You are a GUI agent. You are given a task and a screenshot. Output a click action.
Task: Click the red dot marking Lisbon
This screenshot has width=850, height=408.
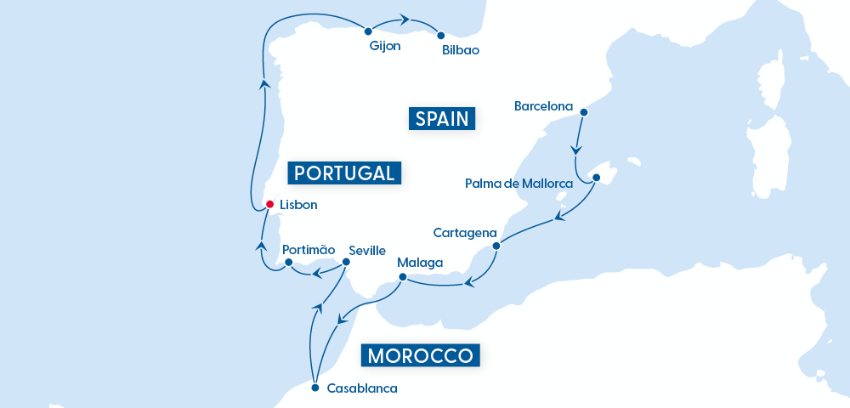pyautogui.click(x=269, y=204)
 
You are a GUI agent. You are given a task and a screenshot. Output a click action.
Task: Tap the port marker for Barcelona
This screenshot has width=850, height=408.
pyautogui.click(x=583, y=111)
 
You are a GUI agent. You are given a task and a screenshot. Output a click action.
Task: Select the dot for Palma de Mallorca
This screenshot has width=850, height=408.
pyautogui.click(x=596, y=178)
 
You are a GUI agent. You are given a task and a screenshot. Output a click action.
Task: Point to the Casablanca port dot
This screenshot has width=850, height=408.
pyautogui.click(x=315, y=388)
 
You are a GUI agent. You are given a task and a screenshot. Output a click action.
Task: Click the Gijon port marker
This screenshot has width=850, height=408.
pyautogui.click(x=368, y=31)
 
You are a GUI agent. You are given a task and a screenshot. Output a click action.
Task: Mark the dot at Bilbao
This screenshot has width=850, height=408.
pyautogui.click(x=440, y=36)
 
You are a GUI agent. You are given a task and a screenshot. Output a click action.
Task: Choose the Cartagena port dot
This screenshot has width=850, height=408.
pyautogui.click(x=496, y=246)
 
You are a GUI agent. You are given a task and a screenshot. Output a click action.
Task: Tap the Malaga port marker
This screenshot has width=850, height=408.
pyautogui.click(x=402, y=276)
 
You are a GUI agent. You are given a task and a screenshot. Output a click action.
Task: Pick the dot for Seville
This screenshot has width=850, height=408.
pyautogui.click(x=347, y=263)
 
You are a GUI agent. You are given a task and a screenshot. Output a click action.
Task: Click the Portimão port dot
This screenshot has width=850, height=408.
pyautogui.click(x=289, y=263)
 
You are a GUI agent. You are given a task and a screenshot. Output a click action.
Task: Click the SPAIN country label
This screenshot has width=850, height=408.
pyautogui.click(x=441, y=118)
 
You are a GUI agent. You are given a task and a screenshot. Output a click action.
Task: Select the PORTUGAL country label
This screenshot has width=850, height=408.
pyautogui.click(x=344, y=173)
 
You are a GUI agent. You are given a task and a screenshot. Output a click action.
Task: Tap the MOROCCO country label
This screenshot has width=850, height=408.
pyautogui.click(x=421, y=354)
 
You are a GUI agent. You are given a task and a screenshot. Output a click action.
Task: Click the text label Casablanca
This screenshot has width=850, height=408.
pyautogui.click(x=362, y=388)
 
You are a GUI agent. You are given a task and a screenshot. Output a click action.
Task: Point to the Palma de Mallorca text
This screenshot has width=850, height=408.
pyautogui.click(x=518, y=183)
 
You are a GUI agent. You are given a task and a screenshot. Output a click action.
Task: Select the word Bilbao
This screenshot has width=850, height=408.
pyautogui.click(x=461, y=50)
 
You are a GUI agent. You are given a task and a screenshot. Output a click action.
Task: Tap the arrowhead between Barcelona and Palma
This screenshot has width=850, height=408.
pyautogui.click(x=577, y=150)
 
